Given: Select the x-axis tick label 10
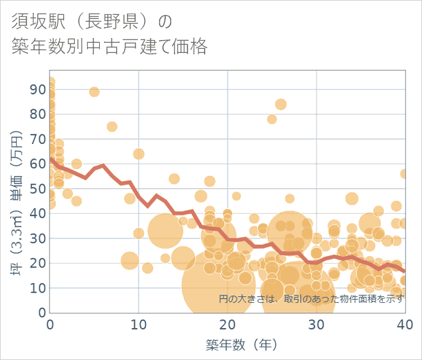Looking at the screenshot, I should pyautogui.click(x=139, y=325).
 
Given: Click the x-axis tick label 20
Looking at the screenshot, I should pyautogui.click(x=228, y=325).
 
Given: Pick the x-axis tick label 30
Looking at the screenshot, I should pyautogui.click(x=316, y=325).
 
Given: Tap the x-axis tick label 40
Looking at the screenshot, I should pyautogui.click(x=405, y=325).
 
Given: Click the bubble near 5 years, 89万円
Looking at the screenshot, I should pyautogui.click(x=94, y=92).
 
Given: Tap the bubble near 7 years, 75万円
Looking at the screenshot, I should pyautogui.click(x=112, y=126).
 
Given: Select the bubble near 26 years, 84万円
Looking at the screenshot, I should pyautogui.click(x=281, y=104).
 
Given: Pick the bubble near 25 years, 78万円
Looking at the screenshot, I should pyautogui.click(x=272, y=119).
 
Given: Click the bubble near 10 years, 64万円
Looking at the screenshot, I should pyautogui.click(x=139, y=154).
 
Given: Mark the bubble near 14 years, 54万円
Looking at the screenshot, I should pyautogui.click(x=174, y=179).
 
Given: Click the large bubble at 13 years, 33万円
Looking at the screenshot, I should pyautogui.click(x=165, y=231).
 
